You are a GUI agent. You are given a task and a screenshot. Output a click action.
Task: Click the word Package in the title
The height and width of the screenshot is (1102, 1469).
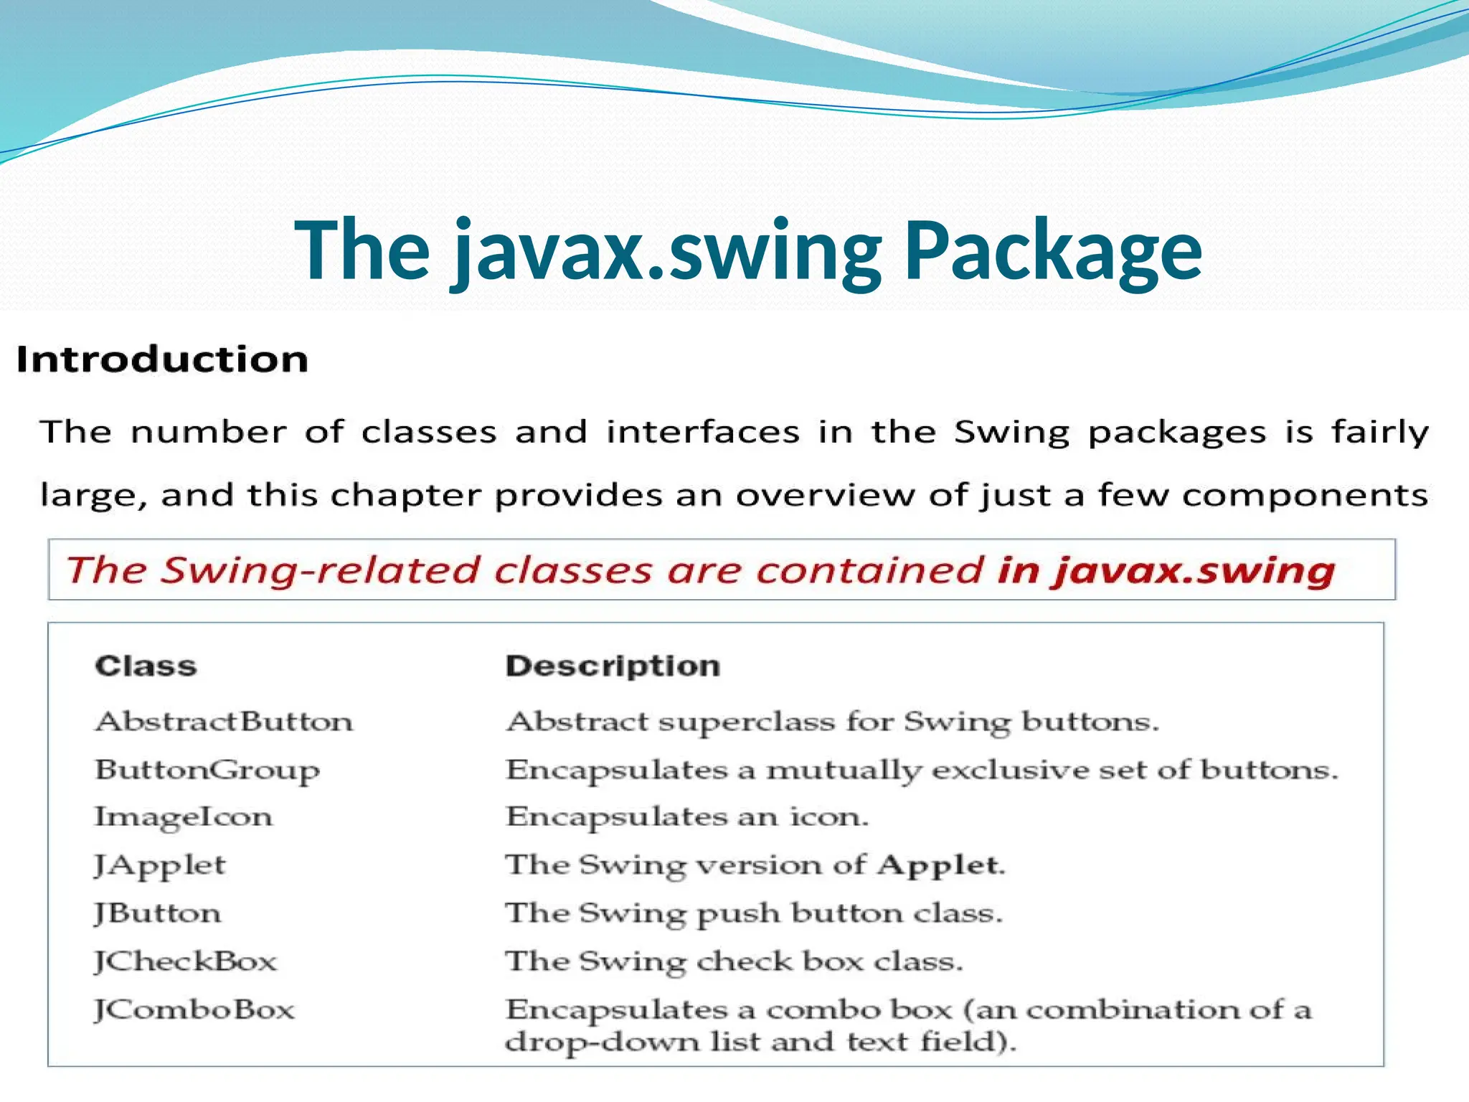click(x=1053, y=251)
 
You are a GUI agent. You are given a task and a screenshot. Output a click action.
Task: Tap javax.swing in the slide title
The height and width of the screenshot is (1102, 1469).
click(x=667, y=251)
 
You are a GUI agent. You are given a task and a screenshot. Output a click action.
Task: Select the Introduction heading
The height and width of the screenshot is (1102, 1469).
click(x=162, y=359)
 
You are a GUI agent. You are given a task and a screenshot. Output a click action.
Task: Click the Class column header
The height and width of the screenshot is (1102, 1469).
click(x=146, y=666)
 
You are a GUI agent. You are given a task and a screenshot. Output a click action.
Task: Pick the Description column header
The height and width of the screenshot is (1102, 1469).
click(x=613, y=666)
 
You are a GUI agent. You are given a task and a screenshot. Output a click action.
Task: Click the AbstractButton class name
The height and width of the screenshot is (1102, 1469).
click(x=224, y=721)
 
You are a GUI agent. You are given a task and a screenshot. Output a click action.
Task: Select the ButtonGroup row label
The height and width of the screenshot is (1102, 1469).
click(x=207, y=771)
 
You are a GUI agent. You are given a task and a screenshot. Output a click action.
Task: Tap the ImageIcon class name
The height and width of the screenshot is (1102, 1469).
click(x=184, y=817)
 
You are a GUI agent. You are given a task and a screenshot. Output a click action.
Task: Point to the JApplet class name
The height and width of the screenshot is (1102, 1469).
click(x=160, y=865)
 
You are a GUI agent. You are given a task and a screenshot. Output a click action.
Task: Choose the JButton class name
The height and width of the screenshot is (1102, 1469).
click(x=158, y=913)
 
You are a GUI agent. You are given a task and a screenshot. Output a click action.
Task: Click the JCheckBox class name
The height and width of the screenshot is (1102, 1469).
click(x=185, y=961)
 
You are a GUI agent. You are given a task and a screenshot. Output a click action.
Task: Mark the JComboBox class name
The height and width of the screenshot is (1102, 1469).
click(x=194, y=1009)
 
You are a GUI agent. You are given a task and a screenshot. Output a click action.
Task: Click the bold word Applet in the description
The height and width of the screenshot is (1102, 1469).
click(x=938, y=865)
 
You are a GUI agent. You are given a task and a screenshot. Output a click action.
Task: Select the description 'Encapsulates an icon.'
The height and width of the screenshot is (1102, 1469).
click(x=687, y=817)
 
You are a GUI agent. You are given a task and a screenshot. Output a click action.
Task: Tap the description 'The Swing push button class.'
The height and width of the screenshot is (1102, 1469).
click(x=754, y=913)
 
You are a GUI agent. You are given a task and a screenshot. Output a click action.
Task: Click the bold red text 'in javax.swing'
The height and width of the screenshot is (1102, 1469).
click(x=1166, y=570)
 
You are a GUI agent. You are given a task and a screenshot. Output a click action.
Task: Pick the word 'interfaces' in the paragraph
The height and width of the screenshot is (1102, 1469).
click(x=703, y=432)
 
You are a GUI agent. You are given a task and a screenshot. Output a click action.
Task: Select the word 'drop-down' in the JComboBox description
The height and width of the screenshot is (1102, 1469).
click(x=601, y=1041)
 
